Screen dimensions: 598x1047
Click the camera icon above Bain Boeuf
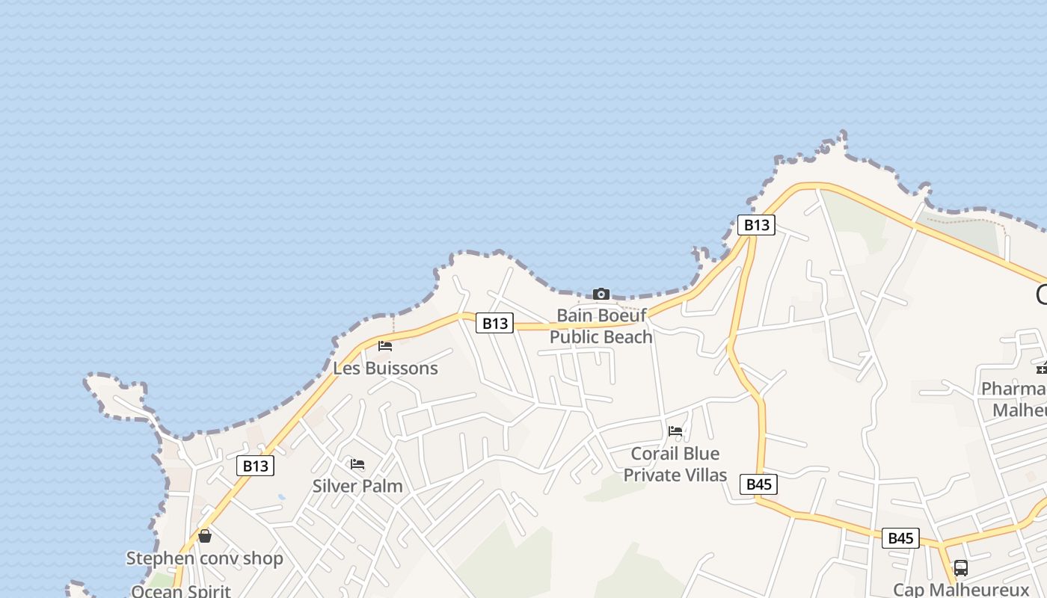601,294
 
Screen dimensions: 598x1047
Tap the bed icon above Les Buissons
385,345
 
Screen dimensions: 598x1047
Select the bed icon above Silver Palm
357,464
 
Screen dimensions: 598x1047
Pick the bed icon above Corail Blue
675,431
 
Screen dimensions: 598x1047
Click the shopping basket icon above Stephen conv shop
205,536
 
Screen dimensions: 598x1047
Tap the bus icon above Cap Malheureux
961,568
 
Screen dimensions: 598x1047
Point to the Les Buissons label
385,368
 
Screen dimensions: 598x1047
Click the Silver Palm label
357,486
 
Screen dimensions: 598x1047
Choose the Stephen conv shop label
204,558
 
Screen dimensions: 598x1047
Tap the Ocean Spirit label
180,591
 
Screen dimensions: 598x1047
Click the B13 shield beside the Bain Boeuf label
494,323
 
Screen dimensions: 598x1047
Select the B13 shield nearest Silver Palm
255,466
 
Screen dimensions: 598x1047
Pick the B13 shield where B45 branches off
756,225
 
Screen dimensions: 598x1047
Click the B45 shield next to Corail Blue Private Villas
759,484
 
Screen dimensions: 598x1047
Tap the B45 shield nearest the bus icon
900,538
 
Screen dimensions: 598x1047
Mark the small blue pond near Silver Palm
280,496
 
